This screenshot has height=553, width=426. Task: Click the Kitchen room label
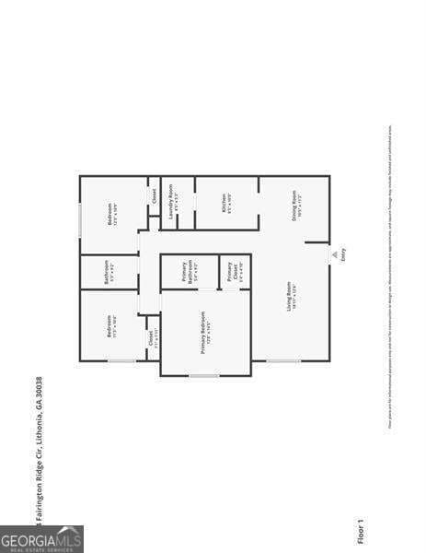tap(226, 204)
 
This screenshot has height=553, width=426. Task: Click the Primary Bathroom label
tap(188, 272)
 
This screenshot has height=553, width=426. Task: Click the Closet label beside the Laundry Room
tap(154, 195)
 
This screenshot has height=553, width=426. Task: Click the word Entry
tap(344, 254)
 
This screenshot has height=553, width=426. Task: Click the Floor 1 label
tap(361, 531)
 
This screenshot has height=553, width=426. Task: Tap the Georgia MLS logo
tap(41, 538)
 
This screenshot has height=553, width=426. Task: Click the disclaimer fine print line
tap(391, 276)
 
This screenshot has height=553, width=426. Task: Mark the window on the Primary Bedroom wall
tap(204, 375)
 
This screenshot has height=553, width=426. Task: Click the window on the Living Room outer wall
tap(283, 360)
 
